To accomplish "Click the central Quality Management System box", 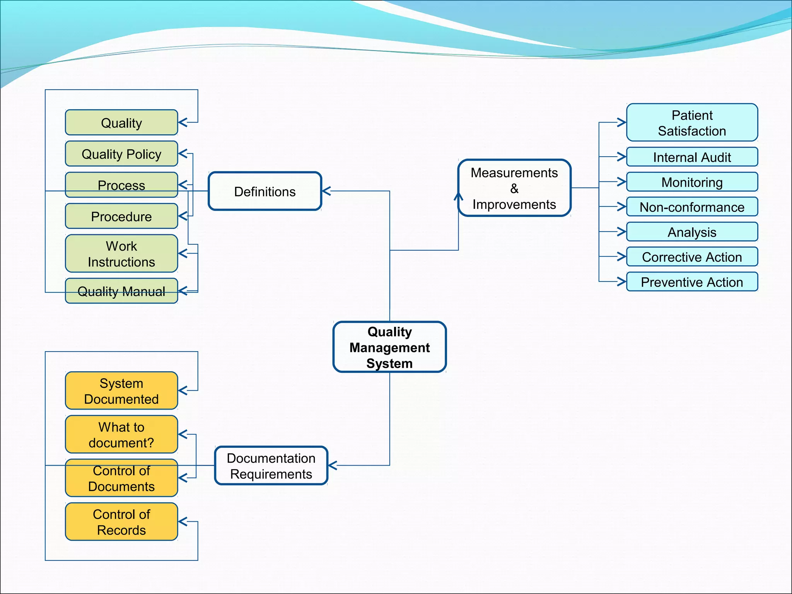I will click(389, 347).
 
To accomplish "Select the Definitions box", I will click(265, 191).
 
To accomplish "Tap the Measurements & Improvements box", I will click(514, 188).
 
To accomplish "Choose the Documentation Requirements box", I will click(271, 466).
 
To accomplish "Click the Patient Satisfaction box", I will click(692, 123).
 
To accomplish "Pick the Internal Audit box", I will click(692, 157).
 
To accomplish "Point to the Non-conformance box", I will click(692, 207).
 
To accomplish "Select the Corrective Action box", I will click(692, 257).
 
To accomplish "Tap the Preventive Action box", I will click(692, 282).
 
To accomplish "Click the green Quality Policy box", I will click(121, 154).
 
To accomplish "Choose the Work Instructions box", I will click(121, 254).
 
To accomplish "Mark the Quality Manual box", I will click(121, 291).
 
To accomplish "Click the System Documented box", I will click(121, 391).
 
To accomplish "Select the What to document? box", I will click(121, 435).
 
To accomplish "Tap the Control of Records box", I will click(121, 522).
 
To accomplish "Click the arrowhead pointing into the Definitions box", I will click(326, 191).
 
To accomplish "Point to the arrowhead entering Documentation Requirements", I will click(332, 466).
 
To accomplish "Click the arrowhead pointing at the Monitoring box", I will click(622, 182).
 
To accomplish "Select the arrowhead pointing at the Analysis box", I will click(622, 232).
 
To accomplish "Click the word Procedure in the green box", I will click(121, 217).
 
